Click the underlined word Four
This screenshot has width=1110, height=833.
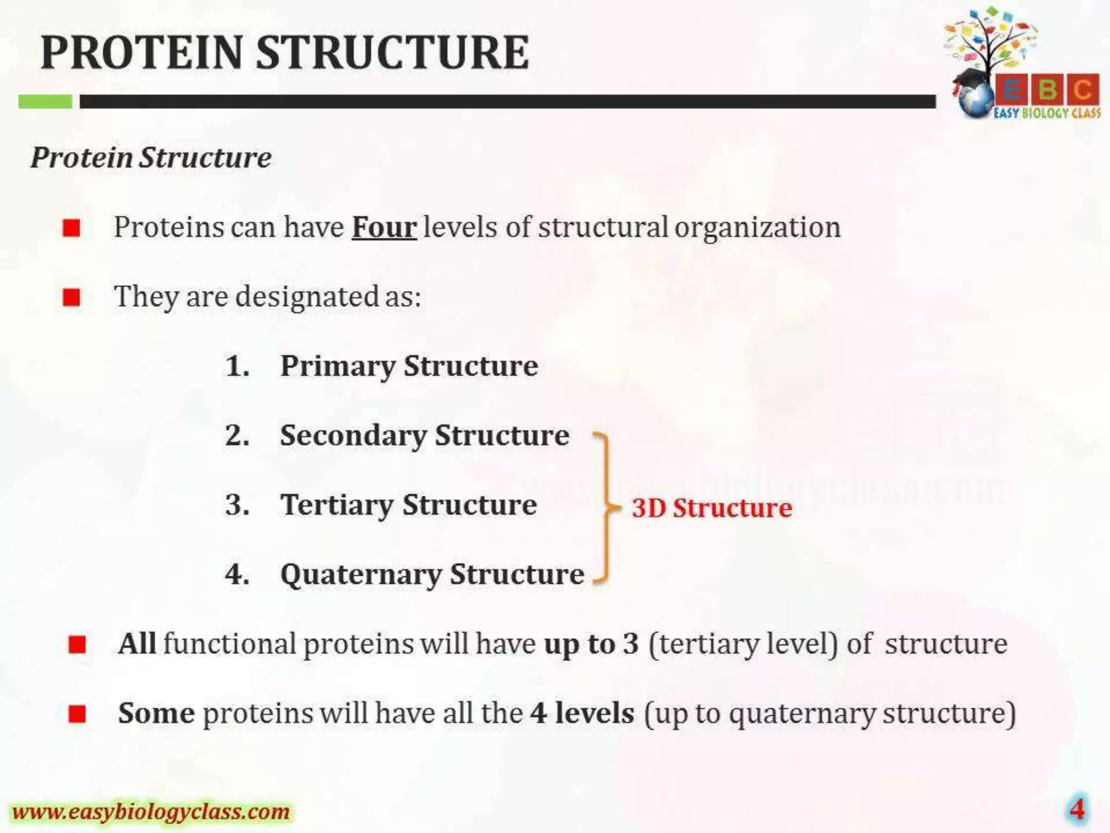coord(384,227)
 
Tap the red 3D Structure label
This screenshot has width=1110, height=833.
coord(712,508)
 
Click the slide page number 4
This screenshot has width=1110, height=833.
coord(1077,809)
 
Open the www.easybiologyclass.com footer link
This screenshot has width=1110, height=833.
coord(151,812)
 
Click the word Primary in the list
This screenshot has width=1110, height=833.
coord(337,366)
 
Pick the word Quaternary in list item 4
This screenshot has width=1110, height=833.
coord(360,574)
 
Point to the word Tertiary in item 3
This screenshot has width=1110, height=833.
coord(336,505)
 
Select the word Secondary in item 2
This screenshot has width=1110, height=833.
coord(353,435)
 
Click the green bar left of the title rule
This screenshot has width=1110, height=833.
coord(45,101)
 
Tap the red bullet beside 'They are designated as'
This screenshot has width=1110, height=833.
coord(72,297)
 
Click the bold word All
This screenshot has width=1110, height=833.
coord(137,644)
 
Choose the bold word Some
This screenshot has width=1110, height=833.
coord(156,713)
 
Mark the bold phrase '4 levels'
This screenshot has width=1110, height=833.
coord(582,713)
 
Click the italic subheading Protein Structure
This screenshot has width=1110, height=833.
coord(151,158)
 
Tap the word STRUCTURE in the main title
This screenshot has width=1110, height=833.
coord(392,53)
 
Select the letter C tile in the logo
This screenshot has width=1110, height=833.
coord(1082,89)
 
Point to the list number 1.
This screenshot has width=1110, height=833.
coord(237,366)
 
